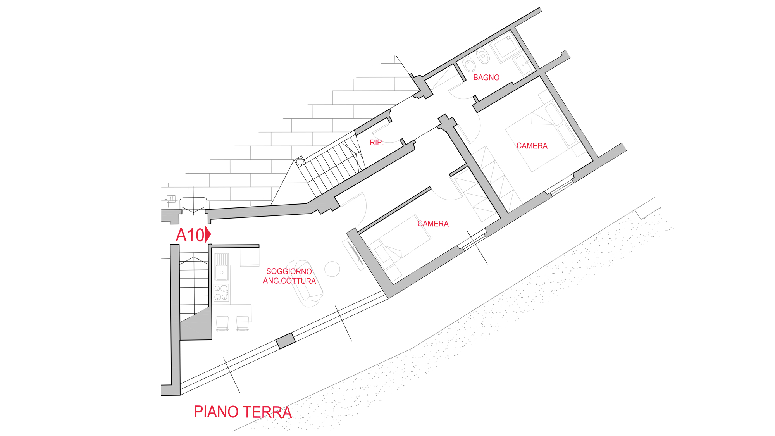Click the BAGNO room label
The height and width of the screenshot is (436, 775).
pyautogui.click(x=486, y=78)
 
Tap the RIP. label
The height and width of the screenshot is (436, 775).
pyautogui.click(x=376, y=143)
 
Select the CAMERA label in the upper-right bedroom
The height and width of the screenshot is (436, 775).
pyautogui.click(x=532, y=146)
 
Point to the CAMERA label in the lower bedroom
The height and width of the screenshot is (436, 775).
pyautogui.click(x=433, y=224)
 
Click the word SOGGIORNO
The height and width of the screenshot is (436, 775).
pyautogui.click(x=289, y=272)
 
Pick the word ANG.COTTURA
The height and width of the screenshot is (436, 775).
pyautogui.click(x=289, y=281)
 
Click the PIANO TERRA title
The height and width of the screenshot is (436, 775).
pyautogui.click(x=243, y=412)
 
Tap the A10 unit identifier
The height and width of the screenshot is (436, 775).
pyautogui.click(x=190, y=235)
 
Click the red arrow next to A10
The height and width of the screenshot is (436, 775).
pyautogui.click(x=208, y=234)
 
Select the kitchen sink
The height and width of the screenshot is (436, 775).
pyautogui.click(x=222, y=266)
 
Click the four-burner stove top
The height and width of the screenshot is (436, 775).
pyautogui.click(x=221, y=293)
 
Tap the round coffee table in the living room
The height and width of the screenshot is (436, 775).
pyautogui.click(x=332, y=269)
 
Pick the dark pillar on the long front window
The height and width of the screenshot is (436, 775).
pyautogui.click(x=286, y=341)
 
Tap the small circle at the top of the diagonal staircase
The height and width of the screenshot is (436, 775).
pyautogui.click(x=300, y=161)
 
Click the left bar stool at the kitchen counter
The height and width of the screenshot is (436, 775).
pyautogui.click(x=222, y=323)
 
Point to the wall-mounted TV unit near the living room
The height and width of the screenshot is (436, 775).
pyautogui.click(x=355, y=254)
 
